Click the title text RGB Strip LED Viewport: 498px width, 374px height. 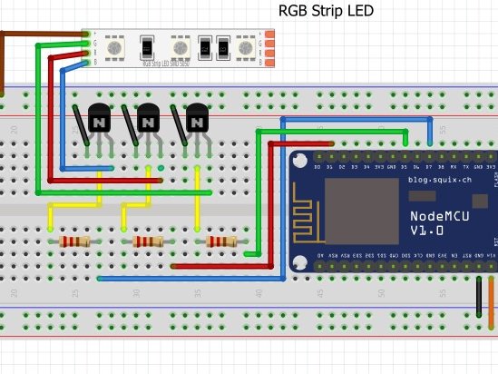pos(325,11)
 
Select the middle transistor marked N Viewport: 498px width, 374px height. pos(146,121)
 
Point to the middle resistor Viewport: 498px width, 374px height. pos(148,241)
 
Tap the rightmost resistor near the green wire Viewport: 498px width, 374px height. pos(221,241)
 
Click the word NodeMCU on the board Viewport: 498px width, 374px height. pos(440,216)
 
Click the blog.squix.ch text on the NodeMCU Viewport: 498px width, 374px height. pos(440,180)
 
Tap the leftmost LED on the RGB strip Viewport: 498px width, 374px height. pos(115,44)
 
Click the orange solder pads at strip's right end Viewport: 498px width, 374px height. pos(269,46)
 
